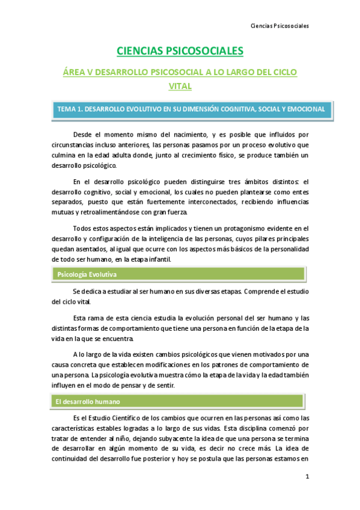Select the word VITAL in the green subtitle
pyautogui.click(x=180, y=86)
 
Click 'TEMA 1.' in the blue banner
pyautogui.click(x=69, y=109)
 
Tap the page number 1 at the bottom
pyautogui.click(x=307, y=477)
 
